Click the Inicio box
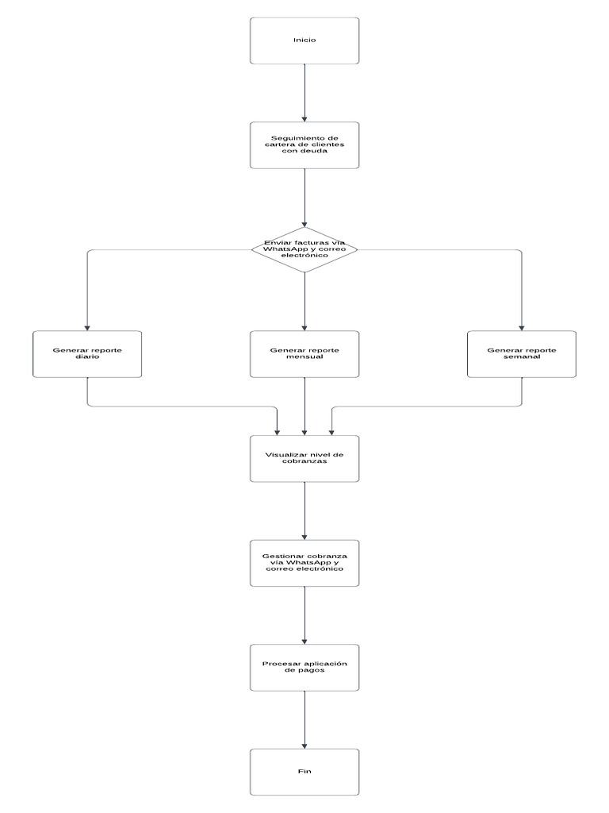click(304, 40)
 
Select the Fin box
click(304, 771)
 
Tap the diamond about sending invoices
click(304, 249)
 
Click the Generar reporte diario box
click(87, 354)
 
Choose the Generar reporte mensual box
click(304, 354)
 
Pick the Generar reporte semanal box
click(521, 354)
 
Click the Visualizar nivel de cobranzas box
click(304, 458)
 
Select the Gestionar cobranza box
click(304, 563)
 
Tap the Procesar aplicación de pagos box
click(304, 667)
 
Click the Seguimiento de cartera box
click(304, 144)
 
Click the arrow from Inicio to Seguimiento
click(304, 91)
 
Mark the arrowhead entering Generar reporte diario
click(87, 326)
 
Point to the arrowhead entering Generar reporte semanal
click(521, 326)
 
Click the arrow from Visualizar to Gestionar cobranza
click(304, 510)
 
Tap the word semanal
click(521, 357)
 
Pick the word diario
click(87, 357)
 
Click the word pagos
click(311, 671)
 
